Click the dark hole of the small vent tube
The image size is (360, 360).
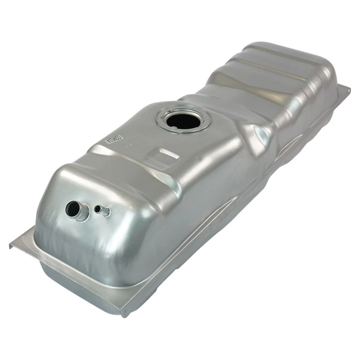pos(98,209)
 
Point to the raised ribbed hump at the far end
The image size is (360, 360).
pos(277,67)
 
